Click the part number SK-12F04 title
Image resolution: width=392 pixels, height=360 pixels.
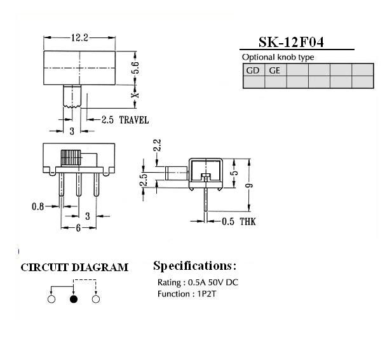(291, 42)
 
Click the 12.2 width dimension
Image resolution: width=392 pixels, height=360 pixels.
(80, 37)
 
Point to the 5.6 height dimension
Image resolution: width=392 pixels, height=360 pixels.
(136, 68)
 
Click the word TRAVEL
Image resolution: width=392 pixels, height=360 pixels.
(134, 120)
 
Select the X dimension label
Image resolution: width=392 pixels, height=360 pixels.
(136, 95)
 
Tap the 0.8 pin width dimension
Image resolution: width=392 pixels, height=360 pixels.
(37, 206)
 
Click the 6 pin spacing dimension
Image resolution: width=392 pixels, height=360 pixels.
(78, 228)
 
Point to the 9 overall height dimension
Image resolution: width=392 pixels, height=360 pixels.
(249, 185)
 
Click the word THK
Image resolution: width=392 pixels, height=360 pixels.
(248, 222)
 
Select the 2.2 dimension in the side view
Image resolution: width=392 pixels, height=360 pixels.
(158, 145)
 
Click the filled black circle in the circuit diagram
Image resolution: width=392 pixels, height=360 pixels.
(74, 299)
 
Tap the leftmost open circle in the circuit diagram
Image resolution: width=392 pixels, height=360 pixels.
(51, 299)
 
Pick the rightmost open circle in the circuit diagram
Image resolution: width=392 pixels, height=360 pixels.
(96, 299)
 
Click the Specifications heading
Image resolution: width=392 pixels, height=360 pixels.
(194, 266)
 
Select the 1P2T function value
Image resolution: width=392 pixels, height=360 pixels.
(206, 294)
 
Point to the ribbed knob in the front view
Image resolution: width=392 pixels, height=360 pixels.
(71, 157)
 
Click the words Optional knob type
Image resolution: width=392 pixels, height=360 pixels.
(278, 57)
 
